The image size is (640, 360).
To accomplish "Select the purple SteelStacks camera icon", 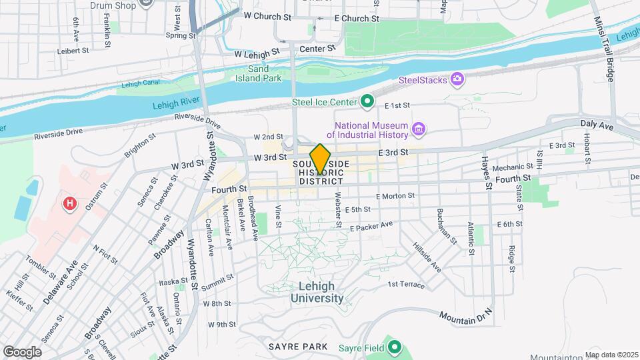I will pyautogui.click(x=457, y=80).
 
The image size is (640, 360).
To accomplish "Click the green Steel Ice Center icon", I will pyautogui.click(x=367, y=102).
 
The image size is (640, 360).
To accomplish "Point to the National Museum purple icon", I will pyautogui.click(x=419, y=129).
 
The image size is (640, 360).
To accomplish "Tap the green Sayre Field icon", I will pyautogui.click(x=395, y=347).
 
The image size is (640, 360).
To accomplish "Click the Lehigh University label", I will pyautogui.click(x=317, y=292).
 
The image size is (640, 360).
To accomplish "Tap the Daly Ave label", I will pyautogui.click(x=596, y=125).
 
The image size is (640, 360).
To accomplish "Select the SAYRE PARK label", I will pyautogui.click(x=298, y=347).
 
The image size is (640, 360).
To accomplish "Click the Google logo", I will pyautogui.click(x=22, y=351).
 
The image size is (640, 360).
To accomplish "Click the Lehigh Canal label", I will pyautogui.click(x=141, y=85).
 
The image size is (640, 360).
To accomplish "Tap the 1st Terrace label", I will pyautogui.click(x=406, y=285).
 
